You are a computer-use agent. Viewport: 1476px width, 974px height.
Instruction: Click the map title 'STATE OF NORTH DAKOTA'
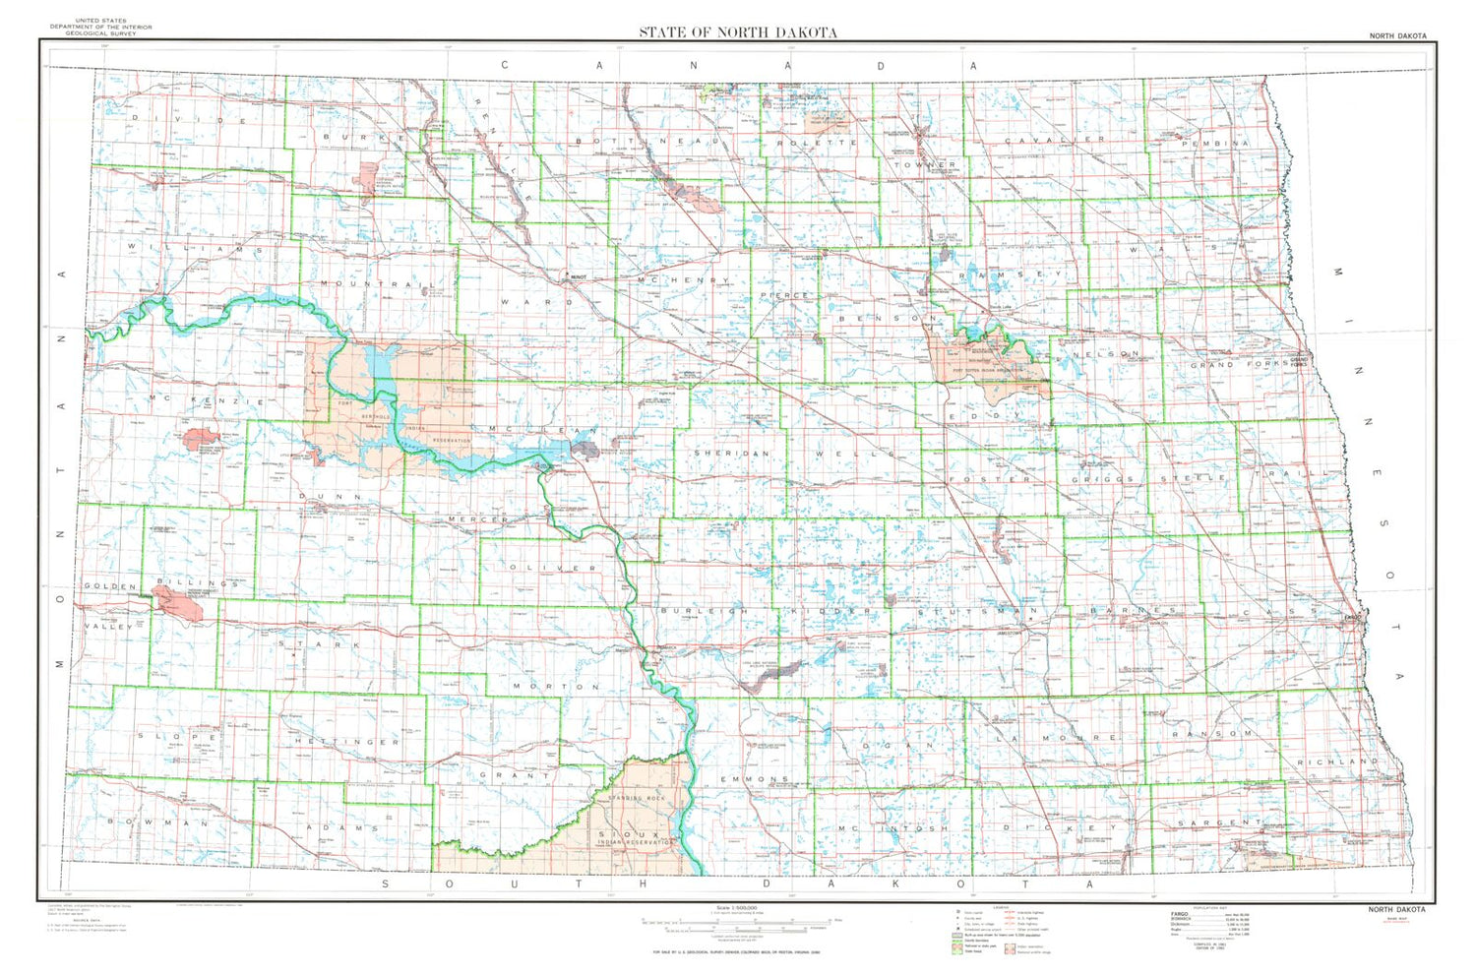[738, 31]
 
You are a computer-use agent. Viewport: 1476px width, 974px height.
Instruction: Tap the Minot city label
[578, 276]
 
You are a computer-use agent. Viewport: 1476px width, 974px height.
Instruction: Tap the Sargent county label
[1219, 822]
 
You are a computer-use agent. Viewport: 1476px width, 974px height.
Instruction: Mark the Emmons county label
[755, 779]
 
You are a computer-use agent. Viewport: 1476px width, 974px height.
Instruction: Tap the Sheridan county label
[731, 454]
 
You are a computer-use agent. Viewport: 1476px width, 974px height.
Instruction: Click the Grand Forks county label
[1239, 364]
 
